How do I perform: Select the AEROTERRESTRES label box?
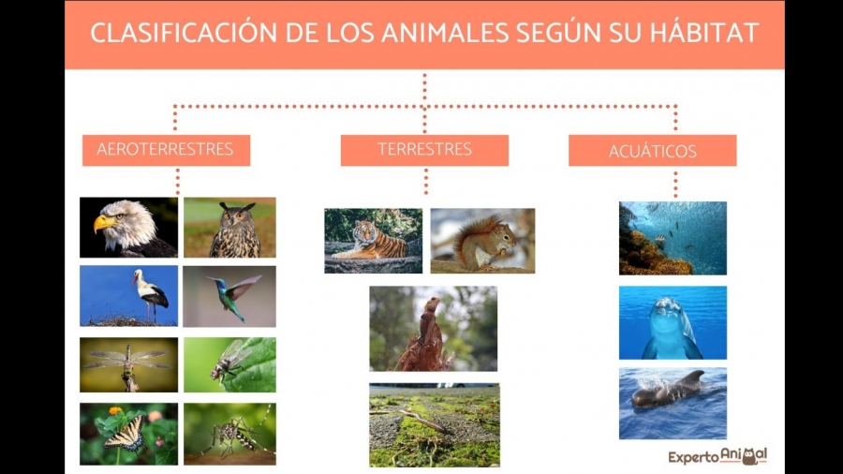coord(166,150)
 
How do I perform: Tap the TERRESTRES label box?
coord(424,150)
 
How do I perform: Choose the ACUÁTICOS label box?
coord(652,151)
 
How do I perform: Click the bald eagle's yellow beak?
coord(104,223)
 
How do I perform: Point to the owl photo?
coord(229,227)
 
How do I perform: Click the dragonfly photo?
coord(128,364)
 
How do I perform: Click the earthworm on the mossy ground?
coord(424,420)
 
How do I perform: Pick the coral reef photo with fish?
coord(673,238)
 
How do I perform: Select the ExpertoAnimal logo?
coord(717,456)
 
